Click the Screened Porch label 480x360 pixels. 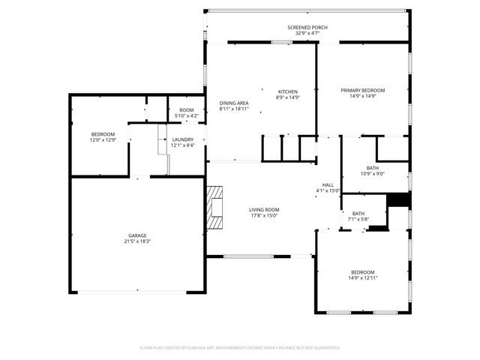click(307, 28)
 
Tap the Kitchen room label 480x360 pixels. click(288, 91)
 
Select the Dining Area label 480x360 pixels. click(234, 103)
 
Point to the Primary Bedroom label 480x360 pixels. click(363, 91)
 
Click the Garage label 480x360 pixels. click(137, 235)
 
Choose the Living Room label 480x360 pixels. click(264, 210)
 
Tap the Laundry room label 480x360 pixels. click(183, 139)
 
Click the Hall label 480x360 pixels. click(328, 184)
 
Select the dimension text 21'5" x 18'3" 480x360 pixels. click(137, 241)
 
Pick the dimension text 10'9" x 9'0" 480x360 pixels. click(372, 174)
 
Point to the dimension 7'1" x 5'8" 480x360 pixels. click(358, 219)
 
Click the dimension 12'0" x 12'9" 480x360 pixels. click(103, 139)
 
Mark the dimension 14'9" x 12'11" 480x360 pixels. click(363, 277)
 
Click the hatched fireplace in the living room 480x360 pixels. click(216, 206)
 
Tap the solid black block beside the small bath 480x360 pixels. click(397, 200)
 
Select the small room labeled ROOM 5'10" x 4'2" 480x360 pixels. click(186, 112)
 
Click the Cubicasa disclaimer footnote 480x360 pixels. click(240, 347)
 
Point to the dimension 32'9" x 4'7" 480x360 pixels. click(307, 34)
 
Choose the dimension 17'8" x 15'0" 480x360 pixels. click(264, 216)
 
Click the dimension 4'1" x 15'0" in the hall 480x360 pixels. click(328, 190)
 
